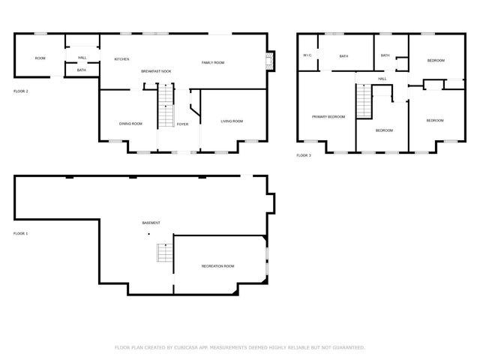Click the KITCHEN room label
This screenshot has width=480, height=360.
pos(121,58)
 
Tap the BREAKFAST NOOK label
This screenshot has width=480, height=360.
pos(156,71)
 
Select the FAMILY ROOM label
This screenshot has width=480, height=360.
pos(213,62)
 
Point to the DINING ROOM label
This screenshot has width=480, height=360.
pos(130,124)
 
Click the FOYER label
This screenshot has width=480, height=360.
pos(182,124)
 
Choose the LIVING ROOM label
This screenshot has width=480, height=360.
pos(232,121)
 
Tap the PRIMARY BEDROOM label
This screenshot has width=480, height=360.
pos(328,116)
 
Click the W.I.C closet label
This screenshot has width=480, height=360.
pos(307,55)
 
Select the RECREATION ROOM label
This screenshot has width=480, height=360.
pos(217,266)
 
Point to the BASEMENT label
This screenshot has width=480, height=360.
pos(151,223)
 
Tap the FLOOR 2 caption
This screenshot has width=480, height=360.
pos(21,91)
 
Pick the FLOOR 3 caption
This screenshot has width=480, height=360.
pos(303,154)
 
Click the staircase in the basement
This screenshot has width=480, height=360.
pos(163,253)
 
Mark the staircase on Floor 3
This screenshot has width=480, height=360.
pos(364,102)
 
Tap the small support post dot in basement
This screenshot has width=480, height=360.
pos(148,234)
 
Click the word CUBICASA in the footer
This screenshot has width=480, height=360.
pos(191,347)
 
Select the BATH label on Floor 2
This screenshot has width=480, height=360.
pos(81,70)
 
